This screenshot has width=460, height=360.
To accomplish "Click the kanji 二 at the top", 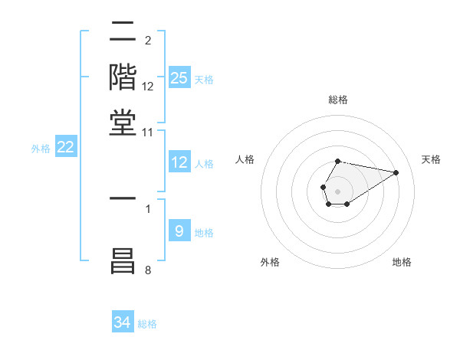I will pyautogui.click(x=123, y=34).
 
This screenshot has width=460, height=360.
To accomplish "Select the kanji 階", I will pyautogui.click(x=123, y=77).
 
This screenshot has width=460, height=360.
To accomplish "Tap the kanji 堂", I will pyautogui.click(x=123, y=123).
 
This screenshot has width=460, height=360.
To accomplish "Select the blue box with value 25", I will pyautogui.click(x=179, y=78).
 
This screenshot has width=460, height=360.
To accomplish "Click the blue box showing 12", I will pyautogui.click(x=179, y=162).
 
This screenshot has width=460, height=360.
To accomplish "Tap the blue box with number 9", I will pyautogui.click(x=179, y=231).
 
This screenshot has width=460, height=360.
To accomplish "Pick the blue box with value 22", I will pyautogui.click(x=65, y=148).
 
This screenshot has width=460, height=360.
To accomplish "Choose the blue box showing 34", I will pyautogui.click(x=123, y=322).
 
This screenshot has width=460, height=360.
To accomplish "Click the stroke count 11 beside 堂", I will pyautogui.click(x=148, y=133).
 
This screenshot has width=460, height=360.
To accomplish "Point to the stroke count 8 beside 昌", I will pyautogui.click(x=148, y=270).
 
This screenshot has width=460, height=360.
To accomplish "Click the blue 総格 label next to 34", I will pyautogui.click(x=147, y=324).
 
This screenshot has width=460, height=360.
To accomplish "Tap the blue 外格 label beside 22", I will pyautogui.click(x=40, y=149).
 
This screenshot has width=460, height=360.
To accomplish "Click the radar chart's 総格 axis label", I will pyautogui.click(x=337, y=100).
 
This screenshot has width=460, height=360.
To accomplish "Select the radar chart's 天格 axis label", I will pyautogui.click(x=431, y=159).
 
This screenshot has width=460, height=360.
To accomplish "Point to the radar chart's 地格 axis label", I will pyautogui.click(x=402, y=262).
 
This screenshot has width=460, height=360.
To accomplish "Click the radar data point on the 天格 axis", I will pyautogui.click(x=396, y=172).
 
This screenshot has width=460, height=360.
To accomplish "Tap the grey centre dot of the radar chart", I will pyautogui.click(x=337, y=191).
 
